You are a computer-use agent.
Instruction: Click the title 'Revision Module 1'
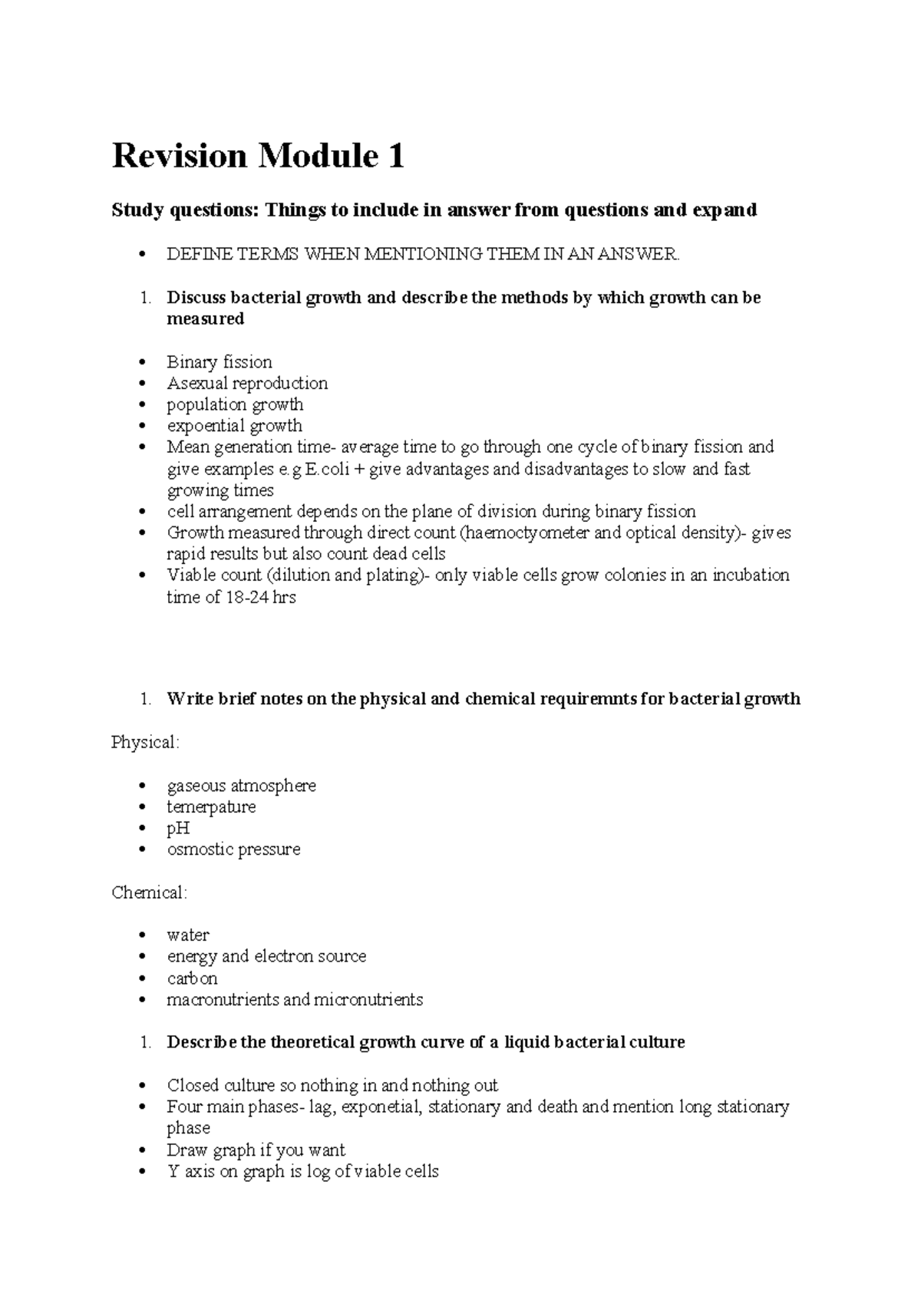[258, 157]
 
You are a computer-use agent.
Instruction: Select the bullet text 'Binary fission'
[220, 362]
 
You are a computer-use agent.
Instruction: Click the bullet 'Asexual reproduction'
[247, 383]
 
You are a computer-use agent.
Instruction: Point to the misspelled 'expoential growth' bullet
[234, 426]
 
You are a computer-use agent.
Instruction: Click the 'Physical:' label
[145, 743]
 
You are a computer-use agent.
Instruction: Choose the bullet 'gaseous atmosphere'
[241, 786]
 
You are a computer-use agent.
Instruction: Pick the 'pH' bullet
[178, 829]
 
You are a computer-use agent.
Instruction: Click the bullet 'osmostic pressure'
[233, 849]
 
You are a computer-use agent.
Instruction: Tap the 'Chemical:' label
[149, 893]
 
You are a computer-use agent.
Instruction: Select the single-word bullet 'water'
[188, 935]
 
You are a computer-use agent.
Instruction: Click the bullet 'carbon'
[192, 978]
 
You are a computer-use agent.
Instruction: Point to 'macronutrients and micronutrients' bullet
[295, 1000]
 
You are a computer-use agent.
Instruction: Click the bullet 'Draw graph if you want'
[256, 1150]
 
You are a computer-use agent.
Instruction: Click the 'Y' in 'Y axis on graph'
[173, 1172]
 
